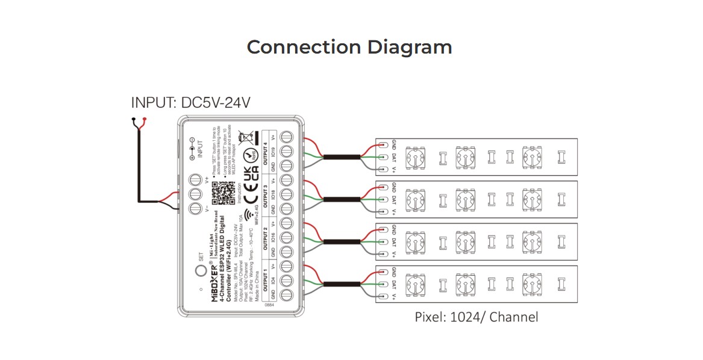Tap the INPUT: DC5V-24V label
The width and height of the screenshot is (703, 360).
pyautogui.click(x=190, y=103)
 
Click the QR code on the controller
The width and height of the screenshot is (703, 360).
pyautogui.click(x=223, y=192)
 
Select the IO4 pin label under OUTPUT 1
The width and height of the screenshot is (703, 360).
pyautogui.click(x=273, y=281)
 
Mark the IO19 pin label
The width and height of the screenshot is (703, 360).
pyautogui.click(x=273, y=151)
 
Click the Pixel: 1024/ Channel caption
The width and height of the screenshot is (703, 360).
pyautogui.click(x=476, y=317)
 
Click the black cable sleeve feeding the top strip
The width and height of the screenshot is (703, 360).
pyautogui.click(x=342, y=157)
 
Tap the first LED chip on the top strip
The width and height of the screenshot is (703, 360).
pyautogui.click(x=414, y=158)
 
